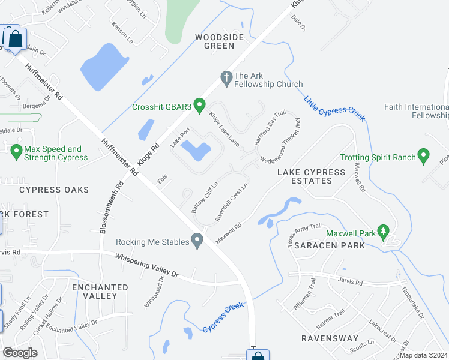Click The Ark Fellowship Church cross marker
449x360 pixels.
tap(226, 76)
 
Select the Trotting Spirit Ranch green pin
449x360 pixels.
tap(423, 157)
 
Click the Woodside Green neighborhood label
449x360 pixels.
tap(219, 41)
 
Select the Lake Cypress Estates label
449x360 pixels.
tap(311, 176)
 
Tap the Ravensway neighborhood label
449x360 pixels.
tap(330, 338)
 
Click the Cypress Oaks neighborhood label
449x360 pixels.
tap(54, 190)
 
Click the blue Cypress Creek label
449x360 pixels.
tap(223, 317)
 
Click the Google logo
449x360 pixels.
tap(20, 353)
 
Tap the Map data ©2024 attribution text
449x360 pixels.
tap(423, 355)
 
